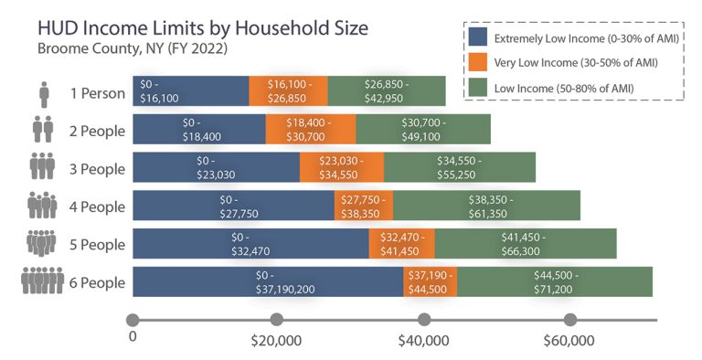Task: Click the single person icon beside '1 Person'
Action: pyautogui.click(x=44, y=92)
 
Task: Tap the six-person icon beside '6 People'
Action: pyautogui.click(x=42, y=282)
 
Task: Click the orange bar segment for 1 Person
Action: pyautogui.click(x=288, y=90)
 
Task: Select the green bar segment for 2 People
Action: pyautogui.click(x=423, y=129)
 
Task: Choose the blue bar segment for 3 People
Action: pyautogui.click(x=216, y=167)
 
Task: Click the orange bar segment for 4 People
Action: pyautogui.click(x=364, y=206)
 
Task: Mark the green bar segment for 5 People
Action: pyautogui.click(x=525, y=244)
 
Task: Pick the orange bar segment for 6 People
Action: pyautogui.click(x=430, y=282)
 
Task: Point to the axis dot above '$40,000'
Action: pyautogui.click(x=424, y=320)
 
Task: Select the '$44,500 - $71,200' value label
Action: pyautogui.click(x=554, y=282)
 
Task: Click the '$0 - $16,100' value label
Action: pyautogui.click(x=159, y=90)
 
